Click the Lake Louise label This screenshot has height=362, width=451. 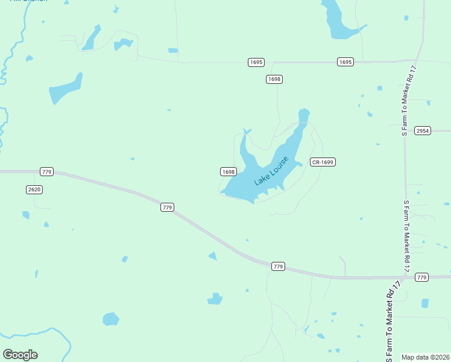(x=271, y=171)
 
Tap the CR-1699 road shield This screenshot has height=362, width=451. (x=323, y=162)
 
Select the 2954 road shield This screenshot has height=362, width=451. (x=423, y=130)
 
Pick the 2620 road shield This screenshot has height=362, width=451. (x=35, y=189)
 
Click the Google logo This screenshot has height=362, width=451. (x=20, y=355)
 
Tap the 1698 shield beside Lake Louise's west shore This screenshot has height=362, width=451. (x=228, y=171)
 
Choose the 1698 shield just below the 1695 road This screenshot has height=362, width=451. (x=274, y=79)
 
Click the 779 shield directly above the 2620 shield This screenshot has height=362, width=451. (x=47, y=172)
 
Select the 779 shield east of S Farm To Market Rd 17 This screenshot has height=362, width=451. (x=421, y=278)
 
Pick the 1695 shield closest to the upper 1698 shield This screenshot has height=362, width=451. (x=256, y=62)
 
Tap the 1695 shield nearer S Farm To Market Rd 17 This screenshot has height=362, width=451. (x=345, y=62)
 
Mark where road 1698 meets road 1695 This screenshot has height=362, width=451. (x=274, y=62)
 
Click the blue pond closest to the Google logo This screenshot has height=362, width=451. (x=111, y=319)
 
